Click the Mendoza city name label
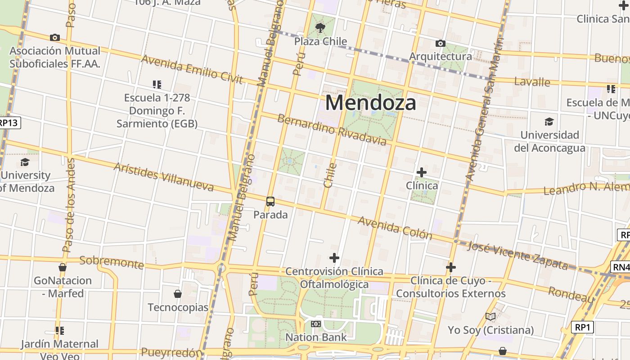click(370, 103)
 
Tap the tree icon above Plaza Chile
click(320, 28)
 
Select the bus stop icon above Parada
click(270, 202)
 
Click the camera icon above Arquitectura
click(441, 44)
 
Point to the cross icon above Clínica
click(422, 172)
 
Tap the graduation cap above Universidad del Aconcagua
click(549, 121)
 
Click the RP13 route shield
click(9, 123)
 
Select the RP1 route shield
click(582, 327)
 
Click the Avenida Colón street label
click(395, 228)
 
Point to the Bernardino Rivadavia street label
click(332, 130)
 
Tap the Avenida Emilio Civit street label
click(192, 70)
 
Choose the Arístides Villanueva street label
click(163, 176)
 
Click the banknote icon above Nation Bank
click(316, 324)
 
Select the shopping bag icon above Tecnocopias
click(178, 294)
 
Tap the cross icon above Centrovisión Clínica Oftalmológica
click(334, 258)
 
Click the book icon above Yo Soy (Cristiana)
click(490, 317)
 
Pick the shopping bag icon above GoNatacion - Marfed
click(63, 267)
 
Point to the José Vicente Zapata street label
click(517, 255)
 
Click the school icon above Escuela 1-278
click(157, 84)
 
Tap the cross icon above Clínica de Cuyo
click(450, 267)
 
